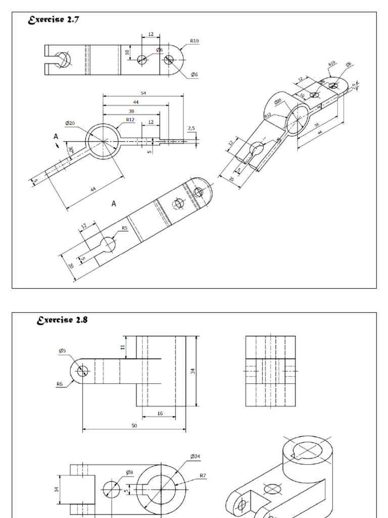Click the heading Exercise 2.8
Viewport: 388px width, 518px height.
63,320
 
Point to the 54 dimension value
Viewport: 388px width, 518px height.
143,93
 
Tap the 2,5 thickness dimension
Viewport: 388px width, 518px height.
191,129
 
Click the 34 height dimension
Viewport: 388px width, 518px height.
193,371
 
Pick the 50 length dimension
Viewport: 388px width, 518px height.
134,426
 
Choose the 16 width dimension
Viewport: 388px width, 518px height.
160,413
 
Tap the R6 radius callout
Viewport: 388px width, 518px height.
60,384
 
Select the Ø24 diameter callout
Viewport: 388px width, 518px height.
195,456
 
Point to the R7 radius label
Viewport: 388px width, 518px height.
203,476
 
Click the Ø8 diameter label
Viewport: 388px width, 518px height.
130,472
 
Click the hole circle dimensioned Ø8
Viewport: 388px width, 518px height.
112,490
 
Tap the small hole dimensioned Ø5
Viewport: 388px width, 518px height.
82,372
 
